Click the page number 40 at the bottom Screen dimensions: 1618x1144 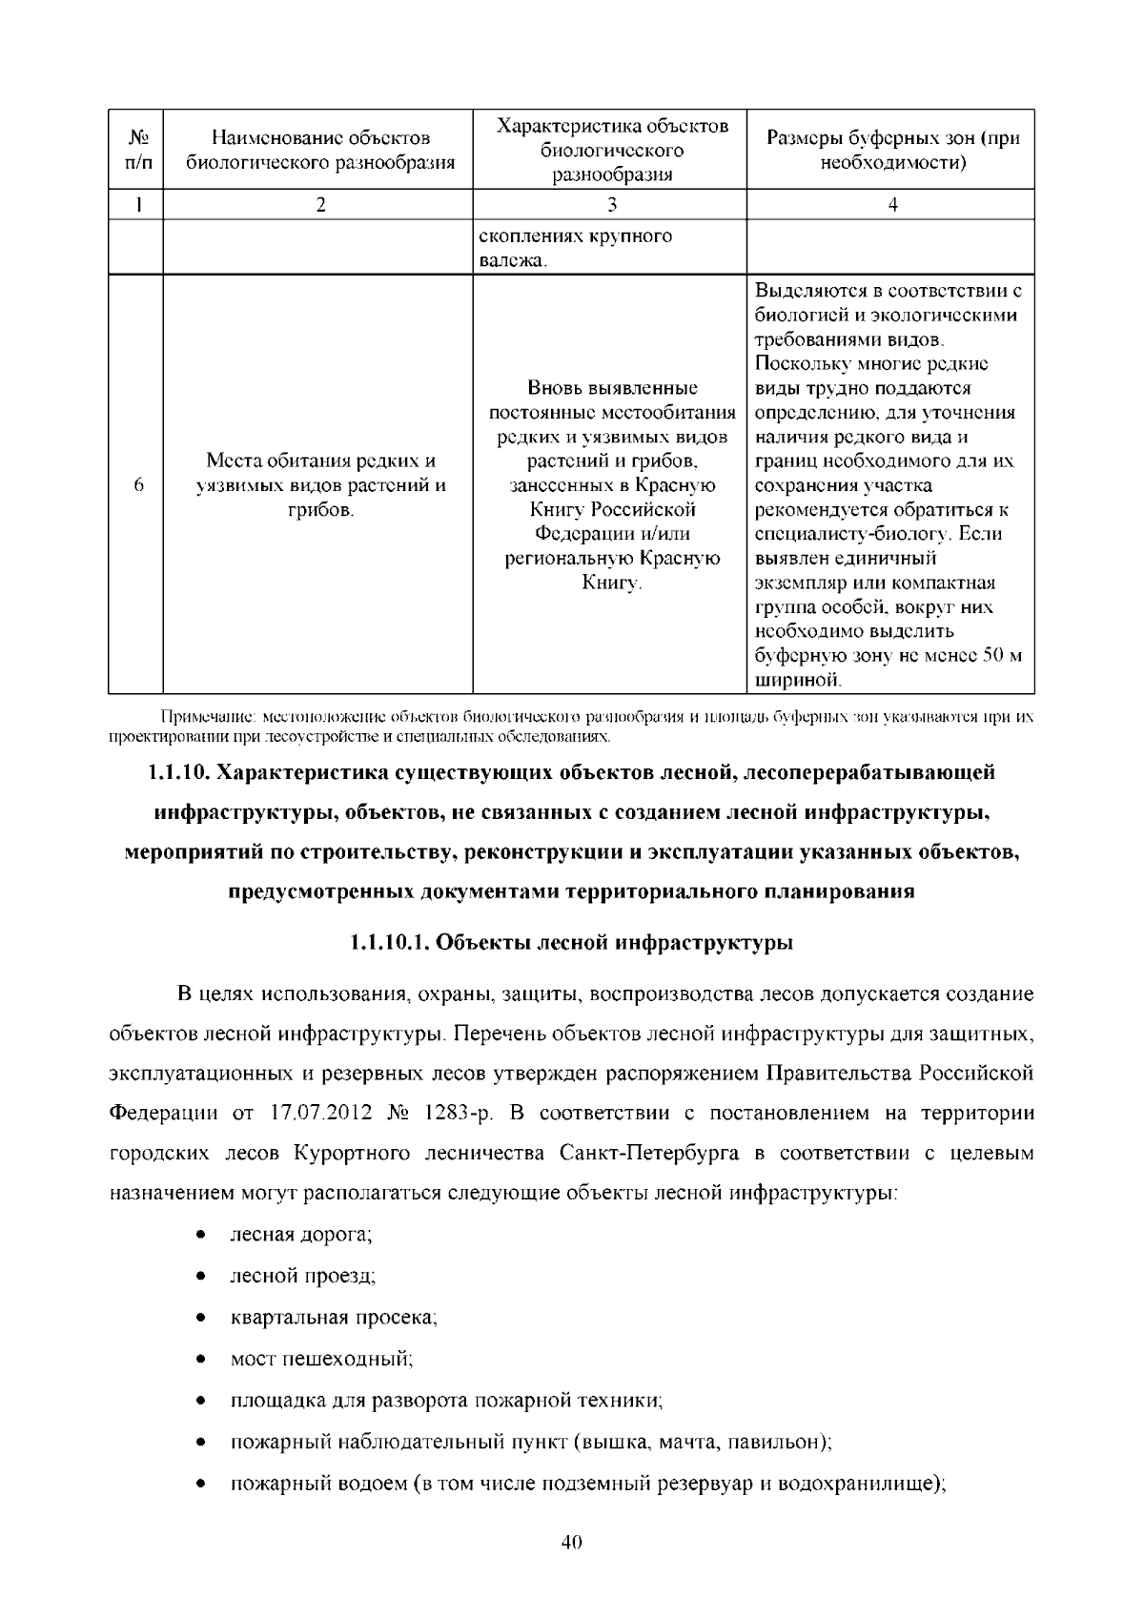click(572, 1543)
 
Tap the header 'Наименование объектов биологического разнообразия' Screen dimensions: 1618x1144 click(320, 150)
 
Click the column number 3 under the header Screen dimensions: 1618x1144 click(611, 204)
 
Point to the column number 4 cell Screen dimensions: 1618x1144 click(891, 204)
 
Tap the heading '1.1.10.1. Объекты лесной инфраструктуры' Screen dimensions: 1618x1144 click(572, 943)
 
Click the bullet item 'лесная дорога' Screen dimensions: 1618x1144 click(299, 1235)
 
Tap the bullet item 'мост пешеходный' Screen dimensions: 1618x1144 click(320, 1359)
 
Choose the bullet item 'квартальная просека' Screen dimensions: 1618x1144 click(333, 1318)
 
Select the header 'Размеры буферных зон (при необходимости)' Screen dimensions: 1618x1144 click(891, 150)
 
